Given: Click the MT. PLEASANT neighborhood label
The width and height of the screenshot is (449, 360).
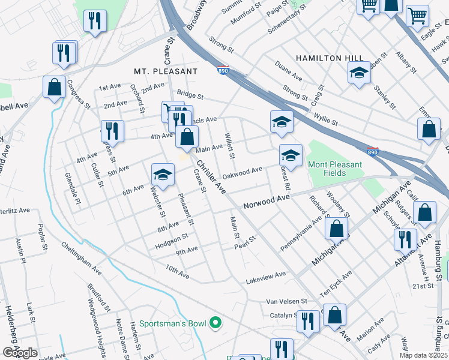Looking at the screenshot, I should pyautogui.click(x=166, y=71).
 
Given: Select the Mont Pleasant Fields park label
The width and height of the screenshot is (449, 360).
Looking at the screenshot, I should pyautogui.click(x=336, y=169).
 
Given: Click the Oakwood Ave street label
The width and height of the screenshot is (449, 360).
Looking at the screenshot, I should pyautogui.click(x=242, y=173).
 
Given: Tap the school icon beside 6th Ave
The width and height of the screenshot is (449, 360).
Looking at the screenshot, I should pyautogui.click(x=162, y=175).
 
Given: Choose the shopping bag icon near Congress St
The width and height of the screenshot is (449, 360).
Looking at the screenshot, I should pyautogui.click(x=54, y=88).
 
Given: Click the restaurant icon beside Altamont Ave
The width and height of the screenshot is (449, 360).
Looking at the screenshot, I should pyautogui.click(x=405, y=239).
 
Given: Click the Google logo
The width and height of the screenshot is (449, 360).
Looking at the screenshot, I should pyautogui.click(x=20, y=352).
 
